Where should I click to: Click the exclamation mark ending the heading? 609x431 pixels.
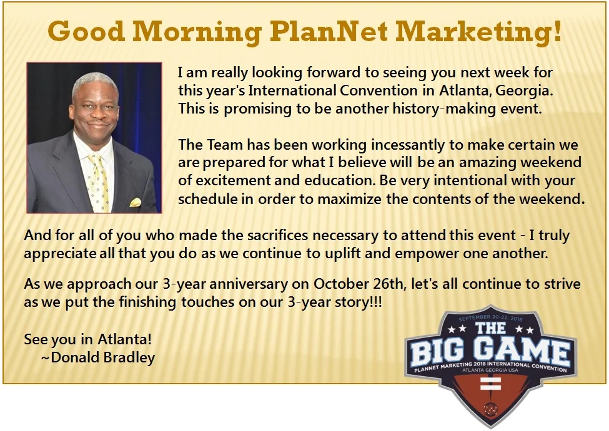[x=557, y=31]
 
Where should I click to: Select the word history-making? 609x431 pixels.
[x=444, y=109]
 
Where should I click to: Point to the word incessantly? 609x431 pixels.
[x=408, y=145]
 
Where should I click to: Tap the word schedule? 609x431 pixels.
[x=207, y=199]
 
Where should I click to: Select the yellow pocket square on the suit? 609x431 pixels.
[x=135, y=202]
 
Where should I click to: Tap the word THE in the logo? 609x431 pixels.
[x=490, y=328]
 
